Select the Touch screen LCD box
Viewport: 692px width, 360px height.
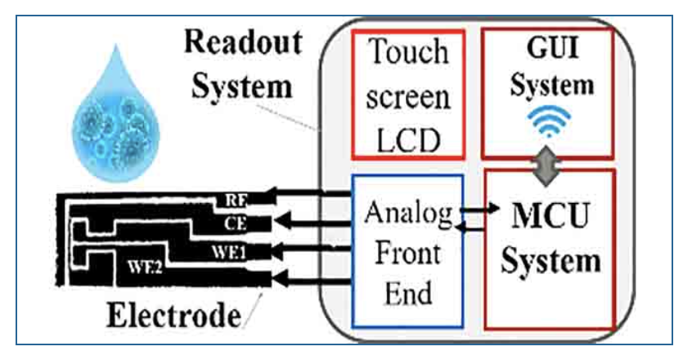(408, 94)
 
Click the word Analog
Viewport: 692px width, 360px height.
(407, 214)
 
